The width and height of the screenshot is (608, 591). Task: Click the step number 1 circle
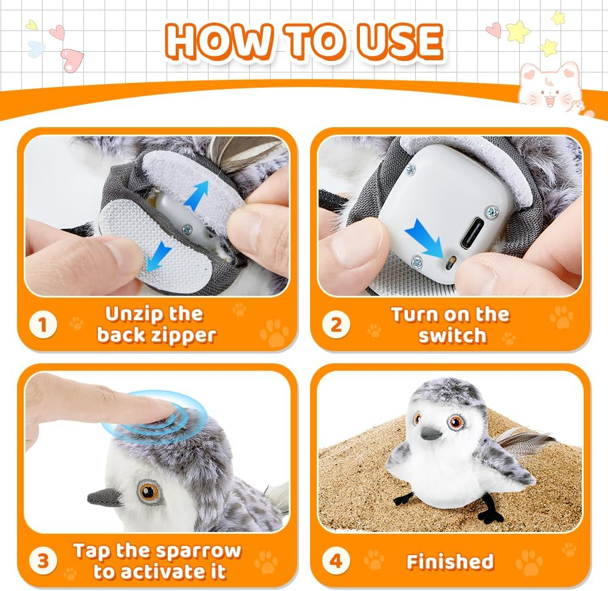[x=43, y=324]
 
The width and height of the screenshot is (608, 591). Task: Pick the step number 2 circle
[x=336, y=324]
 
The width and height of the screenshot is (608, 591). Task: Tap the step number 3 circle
[x=43, y=561]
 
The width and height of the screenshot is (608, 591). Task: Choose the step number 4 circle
[x=336, y=561]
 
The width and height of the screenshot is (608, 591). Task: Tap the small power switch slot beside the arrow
[x=450, y=264]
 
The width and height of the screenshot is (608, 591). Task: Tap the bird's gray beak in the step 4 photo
[x=431, y=433]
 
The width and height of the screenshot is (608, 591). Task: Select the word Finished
[x=450, y=561]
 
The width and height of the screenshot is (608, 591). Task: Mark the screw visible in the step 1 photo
[x=188, y=230]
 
